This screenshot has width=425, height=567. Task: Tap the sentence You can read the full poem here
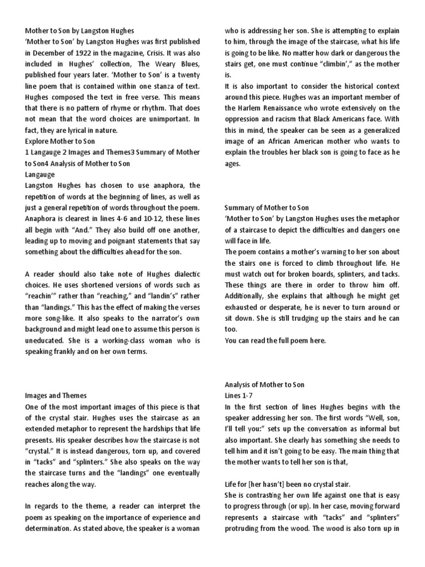[x=275, y=341]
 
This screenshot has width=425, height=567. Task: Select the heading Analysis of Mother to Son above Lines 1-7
[x=264, y=385]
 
